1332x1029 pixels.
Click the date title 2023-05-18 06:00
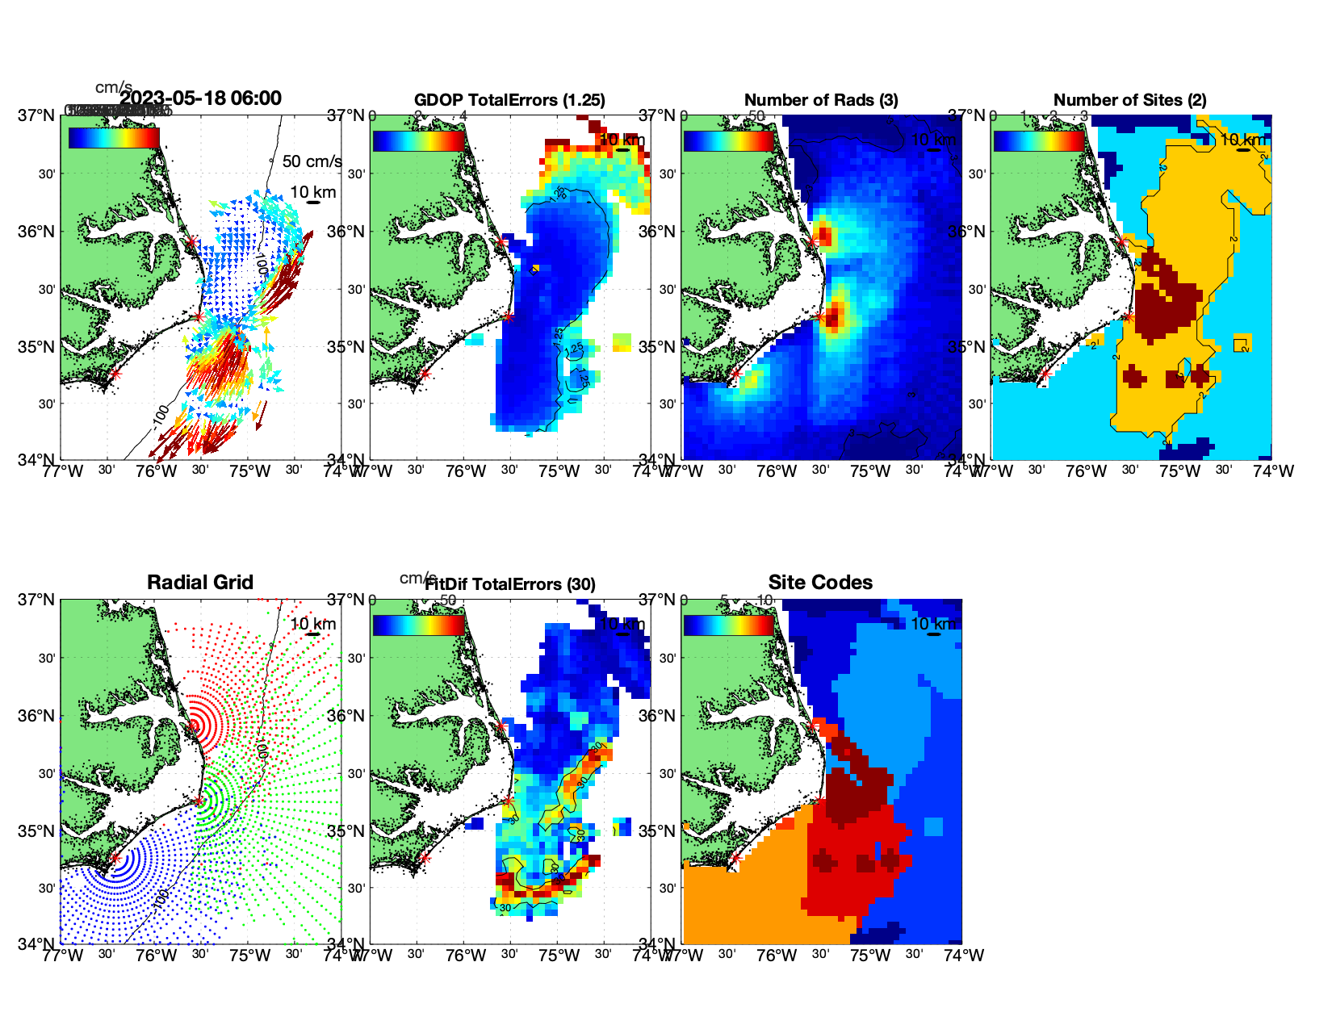(200, 98)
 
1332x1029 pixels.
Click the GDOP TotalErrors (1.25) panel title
(509, 100)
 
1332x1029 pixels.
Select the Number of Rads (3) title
(821, 100)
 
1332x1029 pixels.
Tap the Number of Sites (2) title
(1129, 100)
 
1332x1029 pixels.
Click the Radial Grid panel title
(200, 583)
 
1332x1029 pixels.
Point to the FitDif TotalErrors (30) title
(509, 584)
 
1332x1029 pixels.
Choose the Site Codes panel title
(820, 583)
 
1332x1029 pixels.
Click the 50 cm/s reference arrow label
(312, 161)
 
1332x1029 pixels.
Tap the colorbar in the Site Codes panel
(728, 625)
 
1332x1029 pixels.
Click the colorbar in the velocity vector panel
(114, 138)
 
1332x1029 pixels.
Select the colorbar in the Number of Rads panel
(728, 140)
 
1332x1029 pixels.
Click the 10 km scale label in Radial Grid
(313, 624)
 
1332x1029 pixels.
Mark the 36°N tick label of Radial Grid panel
(36, 716)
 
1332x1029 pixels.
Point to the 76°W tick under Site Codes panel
(777, 956)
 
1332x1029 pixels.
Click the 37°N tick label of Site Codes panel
(656, 600)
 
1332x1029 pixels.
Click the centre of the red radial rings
(193, 726)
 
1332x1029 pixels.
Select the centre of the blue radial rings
(115, 859)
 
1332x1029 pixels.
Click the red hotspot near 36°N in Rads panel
(824, 236)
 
